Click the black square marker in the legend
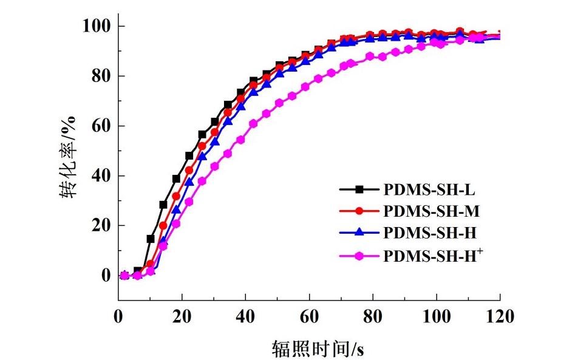point(359,189)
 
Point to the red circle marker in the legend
point(359,211)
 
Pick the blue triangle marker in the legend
point(359,233)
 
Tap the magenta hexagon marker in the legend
point(359,256)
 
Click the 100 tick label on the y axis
point(96,26)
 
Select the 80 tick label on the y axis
point(100,76)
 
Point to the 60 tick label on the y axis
point(100,126)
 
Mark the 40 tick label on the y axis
point(100,176)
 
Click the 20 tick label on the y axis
point(100,226)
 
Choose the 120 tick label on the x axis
point(500,316)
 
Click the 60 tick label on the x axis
point(309,316)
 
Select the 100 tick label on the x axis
point(436,316)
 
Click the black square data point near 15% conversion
point(151,239)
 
